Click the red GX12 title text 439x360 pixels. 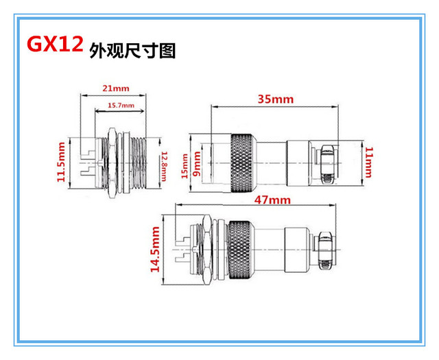tap(56, 45)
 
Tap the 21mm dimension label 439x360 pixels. tap(115, 88)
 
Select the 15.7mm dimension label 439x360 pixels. tap(121, 105)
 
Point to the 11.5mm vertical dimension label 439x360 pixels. tap(61, 162)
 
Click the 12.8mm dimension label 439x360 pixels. tap(164, 164)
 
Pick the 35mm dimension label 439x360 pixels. tap(274, 99)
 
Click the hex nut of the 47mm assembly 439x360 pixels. tap(204, 248)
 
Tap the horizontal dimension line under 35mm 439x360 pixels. tap(274, 107)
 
